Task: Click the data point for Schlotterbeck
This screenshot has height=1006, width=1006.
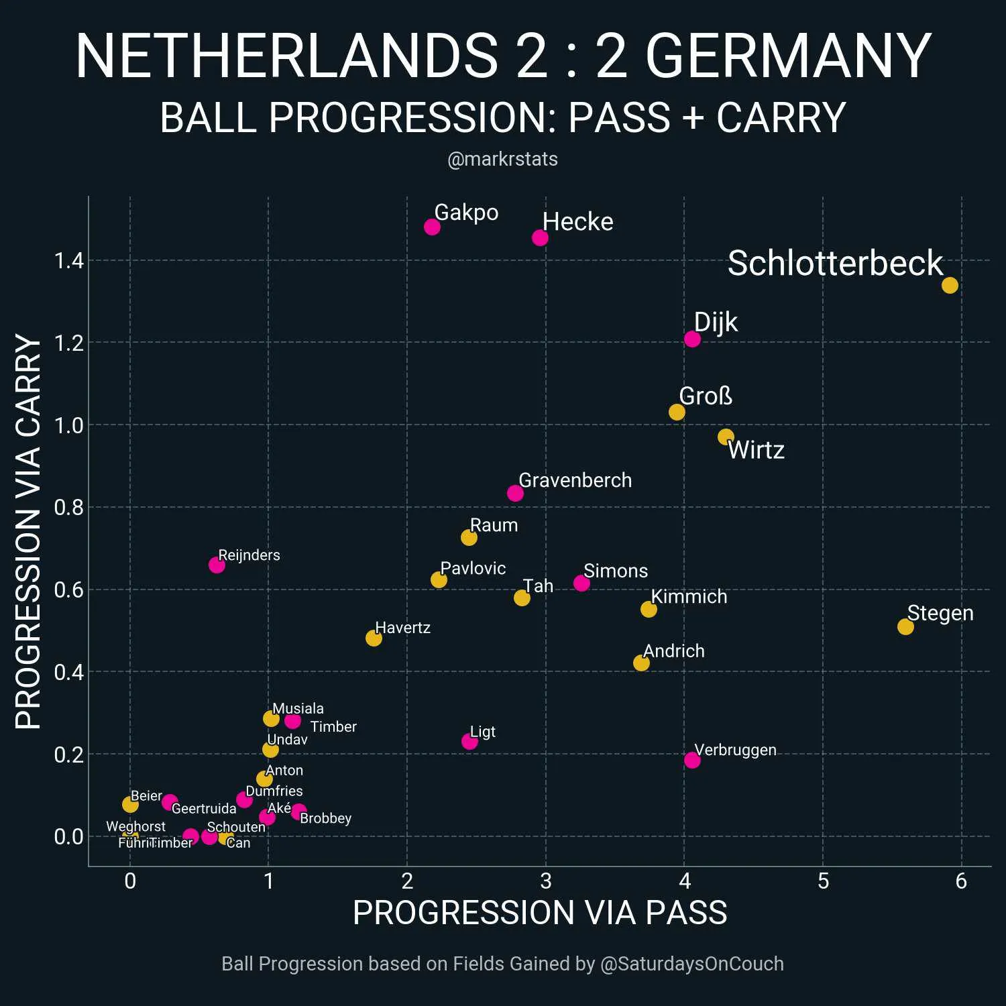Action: (950, 285)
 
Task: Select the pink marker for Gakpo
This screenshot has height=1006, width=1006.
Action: (432, 227)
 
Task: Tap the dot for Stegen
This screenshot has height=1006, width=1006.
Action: (905, 626)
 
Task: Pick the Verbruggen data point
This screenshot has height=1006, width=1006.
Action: (692, 760)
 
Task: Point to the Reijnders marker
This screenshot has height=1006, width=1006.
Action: (217, 565)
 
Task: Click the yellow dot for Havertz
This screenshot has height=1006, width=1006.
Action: (374, 638)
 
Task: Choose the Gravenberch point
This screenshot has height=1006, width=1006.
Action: (515, 493)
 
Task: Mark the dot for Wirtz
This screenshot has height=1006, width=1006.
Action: (726, 437)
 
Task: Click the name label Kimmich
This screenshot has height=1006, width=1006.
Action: (689, 596)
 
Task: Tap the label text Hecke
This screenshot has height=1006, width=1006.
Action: (577, 222)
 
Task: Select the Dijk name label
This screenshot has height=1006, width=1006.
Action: (716, 322)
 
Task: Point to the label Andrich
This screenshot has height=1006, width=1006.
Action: (673, 651)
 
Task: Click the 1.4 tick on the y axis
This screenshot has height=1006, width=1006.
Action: (69, 261)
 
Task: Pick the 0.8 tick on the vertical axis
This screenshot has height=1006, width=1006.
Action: (69, 508)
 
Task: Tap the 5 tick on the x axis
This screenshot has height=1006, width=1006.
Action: (823, 881)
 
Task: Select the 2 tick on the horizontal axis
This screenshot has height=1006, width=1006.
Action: (407, 881)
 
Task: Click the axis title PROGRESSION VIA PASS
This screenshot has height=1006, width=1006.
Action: (540, 913)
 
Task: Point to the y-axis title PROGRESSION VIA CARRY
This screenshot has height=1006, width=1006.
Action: (28, 531)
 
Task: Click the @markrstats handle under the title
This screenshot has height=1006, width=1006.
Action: (502, 159)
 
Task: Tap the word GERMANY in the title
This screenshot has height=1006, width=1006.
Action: (788, 56)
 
